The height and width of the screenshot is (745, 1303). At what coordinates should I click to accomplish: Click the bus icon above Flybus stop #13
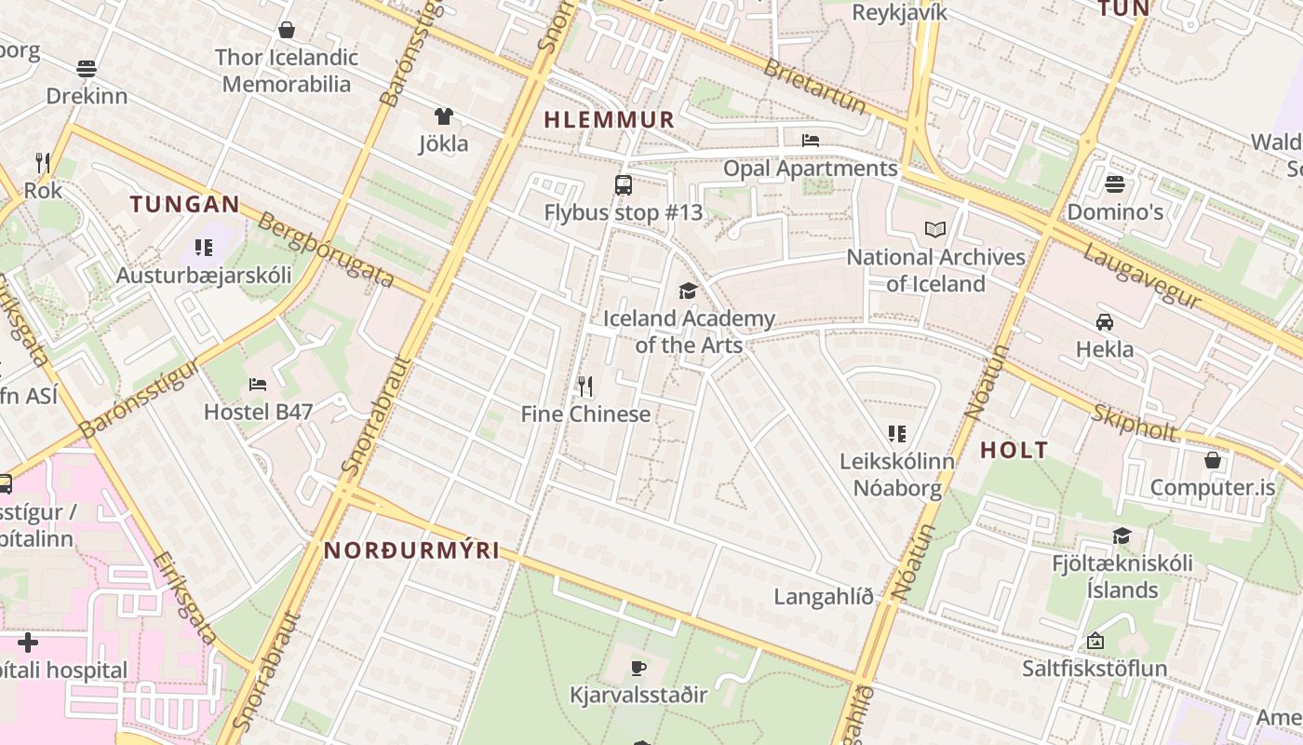click(624, 185)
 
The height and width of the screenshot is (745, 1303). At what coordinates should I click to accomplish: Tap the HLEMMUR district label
click(609, 119)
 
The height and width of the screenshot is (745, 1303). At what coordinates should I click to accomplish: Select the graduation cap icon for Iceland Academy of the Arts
click(688, 291)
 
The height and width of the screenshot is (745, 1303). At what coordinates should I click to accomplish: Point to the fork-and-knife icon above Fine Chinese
click(585, 386)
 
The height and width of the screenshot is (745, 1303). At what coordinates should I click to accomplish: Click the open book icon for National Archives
click(935, 229)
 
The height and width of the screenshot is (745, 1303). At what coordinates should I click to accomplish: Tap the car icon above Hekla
click(1105, 322)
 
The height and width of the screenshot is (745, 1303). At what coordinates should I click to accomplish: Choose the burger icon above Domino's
click(1115, 184)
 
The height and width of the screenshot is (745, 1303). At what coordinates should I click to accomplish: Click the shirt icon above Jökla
click(443, 116)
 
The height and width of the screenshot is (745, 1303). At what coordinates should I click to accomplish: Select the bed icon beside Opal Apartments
click(811, 141)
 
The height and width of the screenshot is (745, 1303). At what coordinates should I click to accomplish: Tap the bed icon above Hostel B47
click(258, 384)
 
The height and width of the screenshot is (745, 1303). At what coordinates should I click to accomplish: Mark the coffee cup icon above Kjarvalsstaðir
click(638, 668)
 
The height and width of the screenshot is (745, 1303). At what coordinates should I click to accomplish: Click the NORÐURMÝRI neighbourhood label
click(411, 550)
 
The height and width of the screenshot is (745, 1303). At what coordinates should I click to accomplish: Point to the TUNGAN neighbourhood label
click(185, 204)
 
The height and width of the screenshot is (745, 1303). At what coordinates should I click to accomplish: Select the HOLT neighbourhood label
click(1014, 451)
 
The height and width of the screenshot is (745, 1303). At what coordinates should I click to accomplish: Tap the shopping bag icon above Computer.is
click(1213, 460)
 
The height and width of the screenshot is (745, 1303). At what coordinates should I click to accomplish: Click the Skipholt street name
click(1135, 422)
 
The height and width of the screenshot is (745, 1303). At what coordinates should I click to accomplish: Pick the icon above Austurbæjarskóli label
click(204, 248)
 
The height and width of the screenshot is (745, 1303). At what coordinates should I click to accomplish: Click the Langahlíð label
click(824, 597)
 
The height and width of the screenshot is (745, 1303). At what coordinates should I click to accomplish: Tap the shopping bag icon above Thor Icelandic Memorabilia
click(287, 30)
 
